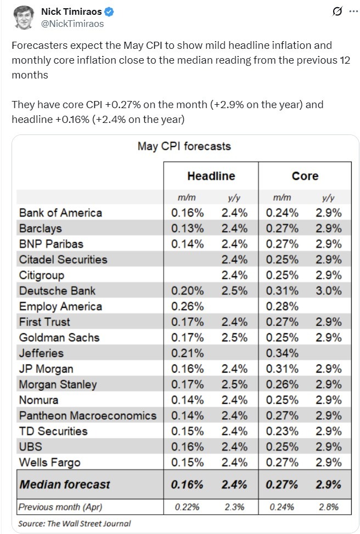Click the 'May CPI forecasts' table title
[184, 147]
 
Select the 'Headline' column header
[211, 176]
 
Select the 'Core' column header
[305, 176]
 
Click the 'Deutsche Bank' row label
[57, 291]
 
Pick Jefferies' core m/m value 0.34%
[282, 353]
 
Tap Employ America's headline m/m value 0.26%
[187, 306]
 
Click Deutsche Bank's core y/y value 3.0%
[329, 291]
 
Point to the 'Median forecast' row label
[65, 485]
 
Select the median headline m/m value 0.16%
[187, 485]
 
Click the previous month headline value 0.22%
[187, 507]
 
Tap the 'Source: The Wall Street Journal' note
[75, 524]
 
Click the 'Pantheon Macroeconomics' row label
[88, 415]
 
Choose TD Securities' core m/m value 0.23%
[282, 431]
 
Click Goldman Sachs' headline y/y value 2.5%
[235, 338]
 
